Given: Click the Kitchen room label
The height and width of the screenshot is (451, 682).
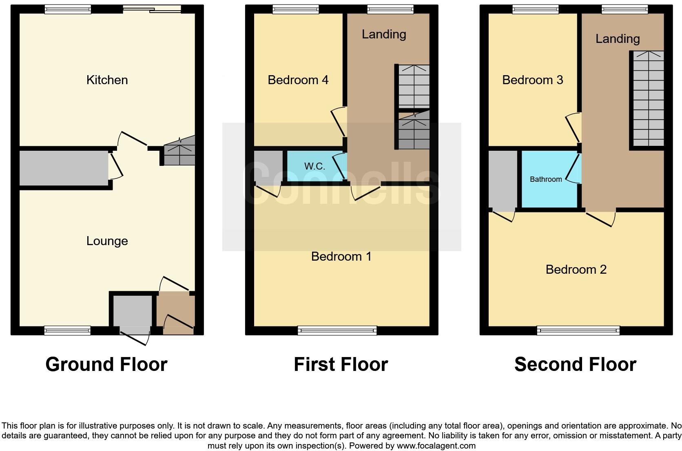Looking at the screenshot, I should (107, 80).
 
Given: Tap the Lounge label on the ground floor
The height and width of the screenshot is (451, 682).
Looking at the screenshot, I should (107, 241).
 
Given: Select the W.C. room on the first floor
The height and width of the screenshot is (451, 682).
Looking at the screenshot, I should (314, 166).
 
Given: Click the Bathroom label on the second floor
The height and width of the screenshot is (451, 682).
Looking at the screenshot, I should (546, 179).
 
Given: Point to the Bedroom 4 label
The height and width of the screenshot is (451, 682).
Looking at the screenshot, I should (298, 80).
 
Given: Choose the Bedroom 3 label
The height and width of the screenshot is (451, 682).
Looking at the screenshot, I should (532, 80).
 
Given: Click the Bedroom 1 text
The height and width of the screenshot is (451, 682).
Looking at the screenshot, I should (341, 257).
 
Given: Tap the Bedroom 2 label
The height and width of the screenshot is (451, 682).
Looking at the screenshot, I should (576, 270).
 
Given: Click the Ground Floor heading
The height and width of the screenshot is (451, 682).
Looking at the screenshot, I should (106, 364).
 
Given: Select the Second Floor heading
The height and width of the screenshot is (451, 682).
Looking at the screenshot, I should (575, 364).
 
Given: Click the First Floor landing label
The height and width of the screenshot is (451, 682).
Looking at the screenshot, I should (384, 34).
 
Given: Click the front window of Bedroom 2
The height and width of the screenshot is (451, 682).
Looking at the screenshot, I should (578, 330).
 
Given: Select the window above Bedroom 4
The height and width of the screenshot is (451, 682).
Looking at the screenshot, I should (296, 9).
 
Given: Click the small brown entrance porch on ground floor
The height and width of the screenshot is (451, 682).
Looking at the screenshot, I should (175, 314).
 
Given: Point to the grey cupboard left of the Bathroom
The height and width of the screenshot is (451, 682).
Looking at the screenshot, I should (503, 180).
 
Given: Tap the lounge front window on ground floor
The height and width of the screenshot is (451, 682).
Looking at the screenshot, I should (67, 330).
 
